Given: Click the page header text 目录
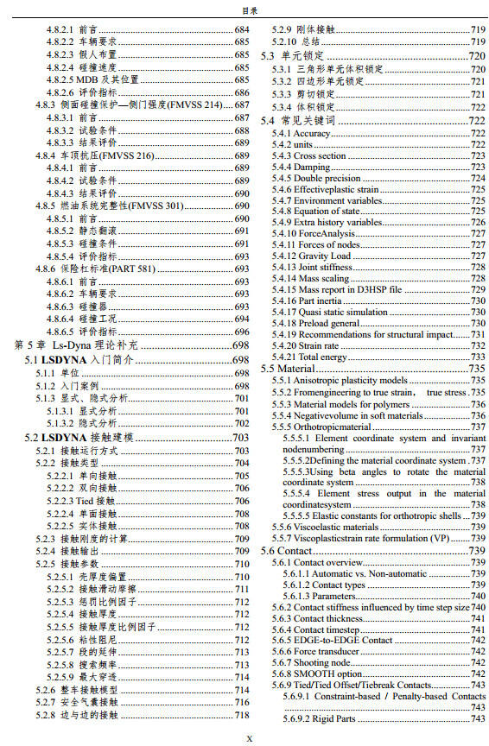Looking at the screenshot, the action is (244, 10).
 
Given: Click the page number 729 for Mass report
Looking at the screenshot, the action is (477, 290).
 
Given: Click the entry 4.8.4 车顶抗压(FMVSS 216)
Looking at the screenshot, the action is (95, 155).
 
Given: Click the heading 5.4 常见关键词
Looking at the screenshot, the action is (297, 120).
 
